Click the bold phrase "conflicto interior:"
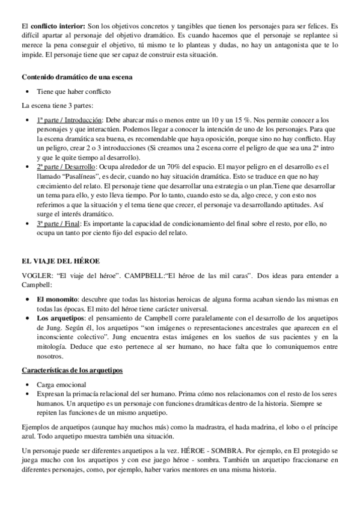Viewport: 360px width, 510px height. point(58,26)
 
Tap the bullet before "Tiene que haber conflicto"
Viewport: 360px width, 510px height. point(29,91)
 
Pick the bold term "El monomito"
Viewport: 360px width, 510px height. point(57,300)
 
